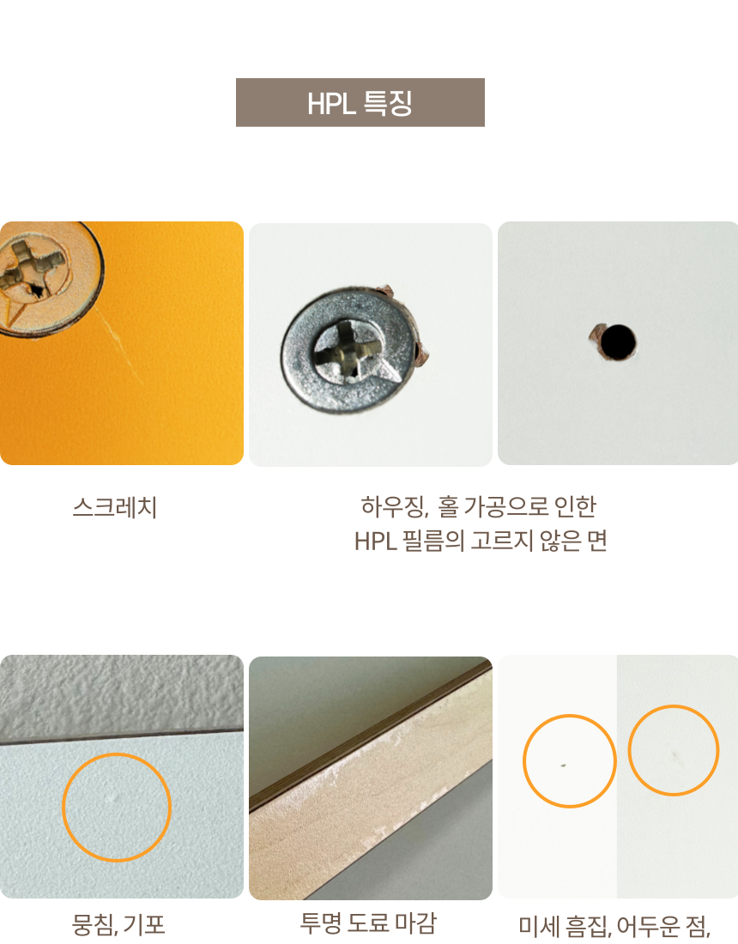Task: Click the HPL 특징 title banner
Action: click(x=360, y=102)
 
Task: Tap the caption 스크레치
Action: click(x=115, y=507)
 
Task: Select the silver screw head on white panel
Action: click(x=348, y=350)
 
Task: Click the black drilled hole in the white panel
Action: click(x=618, y=342)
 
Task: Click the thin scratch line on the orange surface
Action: click(x=119, y=345)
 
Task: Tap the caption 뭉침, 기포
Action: click(x=118, y=924)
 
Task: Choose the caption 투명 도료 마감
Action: click(x=368, y=923)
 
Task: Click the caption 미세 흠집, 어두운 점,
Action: click(x=614, y=926)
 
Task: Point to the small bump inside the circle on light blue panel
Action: click(x=114, y=798)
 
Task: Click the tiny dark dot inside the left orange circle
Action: click(x=563, y=765)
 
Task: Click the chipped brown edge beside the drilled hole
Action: click(x=596, y=334)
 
